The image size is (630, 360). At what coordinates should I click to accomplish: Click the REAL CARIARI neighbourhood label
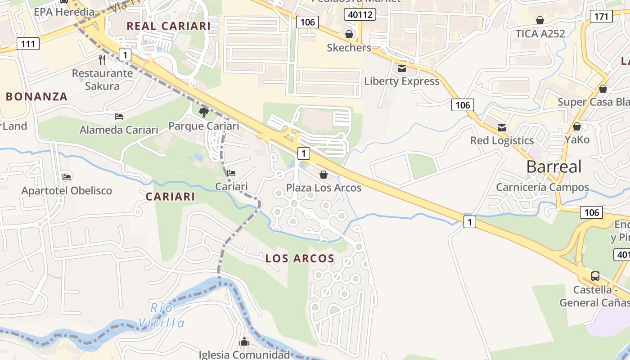pos(168,26)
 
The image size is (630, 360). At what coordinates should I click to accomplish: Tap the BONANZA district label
pos(36,96)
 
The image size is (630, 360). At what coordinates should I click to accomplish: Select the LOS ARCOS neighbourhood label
pos(300,258)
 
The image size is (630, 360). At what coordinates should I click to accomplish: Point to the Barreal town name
pos(553,166)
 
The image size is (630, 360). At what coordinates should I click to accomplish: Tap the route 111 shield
pos(28,44)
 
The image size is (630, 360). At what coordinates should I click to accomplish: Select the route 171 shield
pos(601,17)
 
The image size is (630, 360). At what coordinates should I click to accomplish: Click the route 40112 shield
pos(360,14)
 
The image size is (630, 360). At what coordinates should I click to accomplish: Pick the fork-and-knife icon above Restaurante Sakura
pos(102,59)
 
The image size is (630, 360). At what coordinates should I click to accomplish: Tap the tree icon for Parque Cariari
pos(203,112)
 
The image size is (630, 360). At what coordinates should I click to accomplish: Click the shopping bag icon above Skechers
pos(349,34)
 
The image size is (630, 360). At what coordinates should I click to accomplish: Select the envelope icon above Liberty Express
pos(401,68)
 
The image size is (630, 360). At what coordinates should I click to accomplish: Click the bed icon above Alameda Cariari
pos(119,117)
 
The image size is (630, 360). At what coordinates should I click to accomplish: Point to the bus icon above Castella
pos(595,276)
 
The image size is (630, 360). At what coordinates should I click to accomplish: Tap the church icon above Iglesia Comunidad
pos(244,342)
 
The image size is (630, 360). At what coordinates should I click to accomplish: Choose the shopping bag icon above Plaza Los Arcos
pos(323,175)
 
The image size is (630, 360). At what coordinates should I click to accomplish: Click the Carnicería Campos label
pos(542,187)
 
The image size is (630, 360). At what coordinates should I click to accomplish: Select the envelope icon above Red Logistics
pos(501,127)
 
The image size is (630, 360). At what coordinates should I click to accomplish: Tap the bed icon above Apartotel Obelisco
pos(67,177)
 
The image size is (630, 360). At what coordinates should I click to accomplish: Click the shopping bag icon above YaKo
pos(577,126)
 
